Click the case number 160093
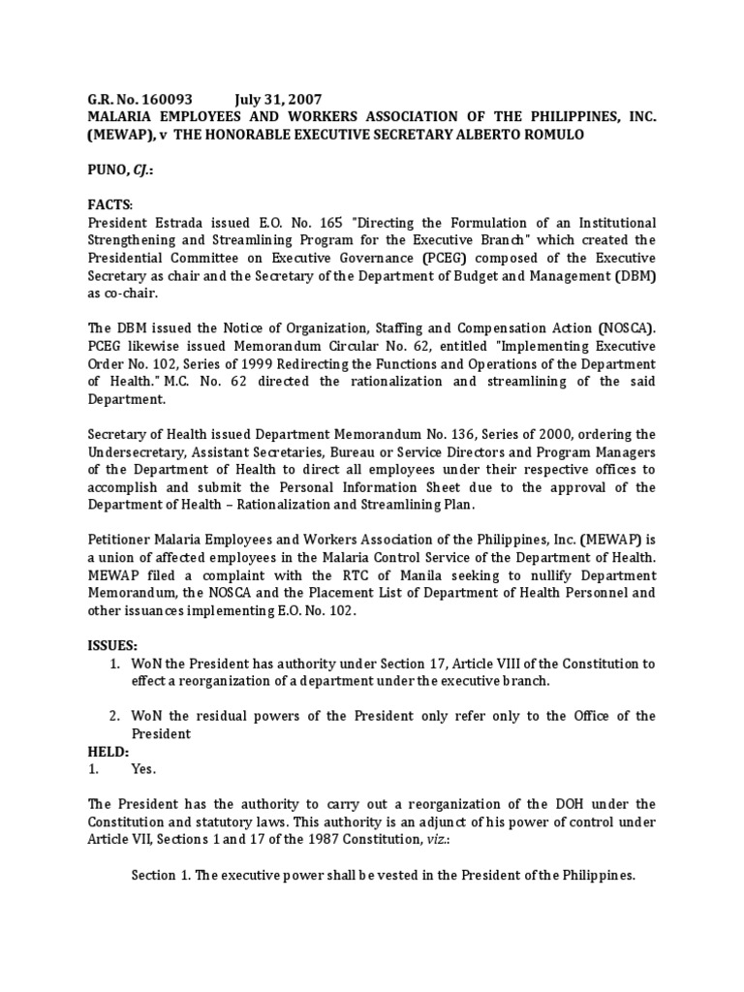[169, 100]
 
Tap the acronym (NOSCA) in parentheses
[623, 327]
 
